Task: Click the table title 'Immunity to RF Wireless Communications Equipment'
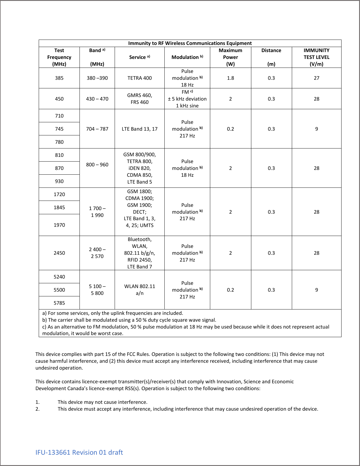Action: click(190, 43)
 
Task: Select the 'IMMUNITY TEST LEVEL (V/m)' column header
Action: click(316, 57)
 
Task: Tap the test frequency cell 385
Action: click(59, 78)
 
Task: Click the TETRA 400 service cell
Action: click(139, 78)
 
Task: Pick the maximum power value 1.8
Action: click(230, 78)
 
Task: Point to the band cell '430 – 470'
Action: click(97, 99)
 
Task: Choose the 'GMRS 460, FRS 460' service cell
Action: click(139, 99)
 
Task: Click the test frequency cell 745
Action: click(59, 129)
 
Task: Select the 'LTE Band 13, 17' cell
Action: click(139, 129)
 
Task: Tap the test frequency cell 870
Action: click(59, 168)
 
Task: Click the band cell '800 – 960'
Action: click(97, 165)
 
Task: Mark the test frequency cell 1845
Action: click(59, 207)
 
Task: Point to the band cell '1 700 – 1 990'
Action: click(97, 212)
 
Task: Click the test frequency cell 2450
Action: click(59, 253)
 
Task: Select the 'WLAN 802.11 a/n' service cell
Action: click(139, 290)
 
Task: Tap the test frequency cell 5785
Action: click(59, 303)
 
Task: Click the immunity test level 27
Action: click(316, 78)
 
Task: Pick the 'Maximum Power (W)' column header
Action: click(230, 57)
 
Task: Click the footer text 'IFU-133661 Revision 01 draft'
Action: click(79, 452)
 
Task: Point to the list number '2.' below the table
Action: click(38, 409)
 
